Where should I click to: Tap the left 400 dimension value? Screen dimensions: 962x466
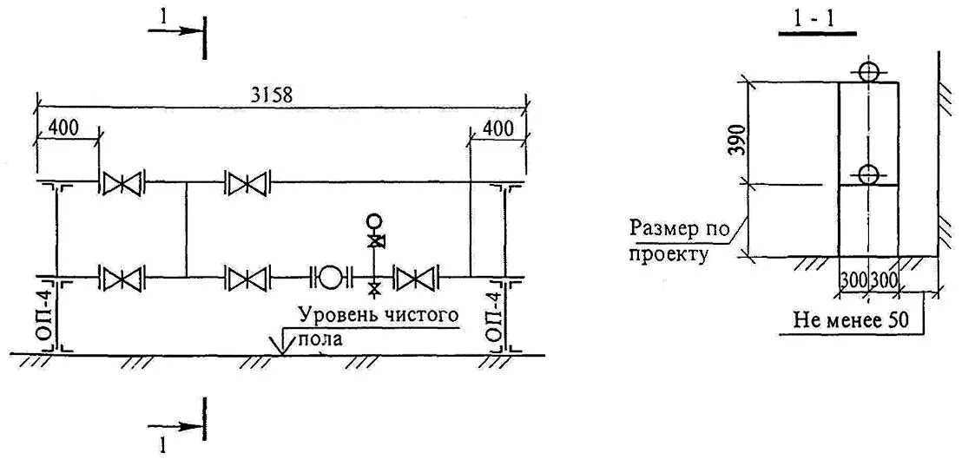click(63, 127)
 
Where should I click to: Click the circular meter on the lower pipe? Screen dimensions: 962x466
click(330, 278)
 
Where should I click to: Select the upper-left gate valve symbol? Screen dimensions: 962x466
click(122, 184)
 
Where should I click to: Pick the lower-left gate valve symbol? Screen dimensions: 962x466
click(122, 279)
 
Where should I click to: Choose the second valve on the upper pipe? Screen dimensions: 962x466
click(247, 184)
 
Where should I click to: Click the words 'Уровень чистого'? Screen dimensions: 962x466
click(377, 314)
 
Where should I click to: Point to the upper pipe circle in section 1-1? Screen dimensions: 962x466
click(868, 71)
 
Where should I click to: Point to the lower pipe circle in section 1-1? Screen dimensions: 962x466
click(868, 174)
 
